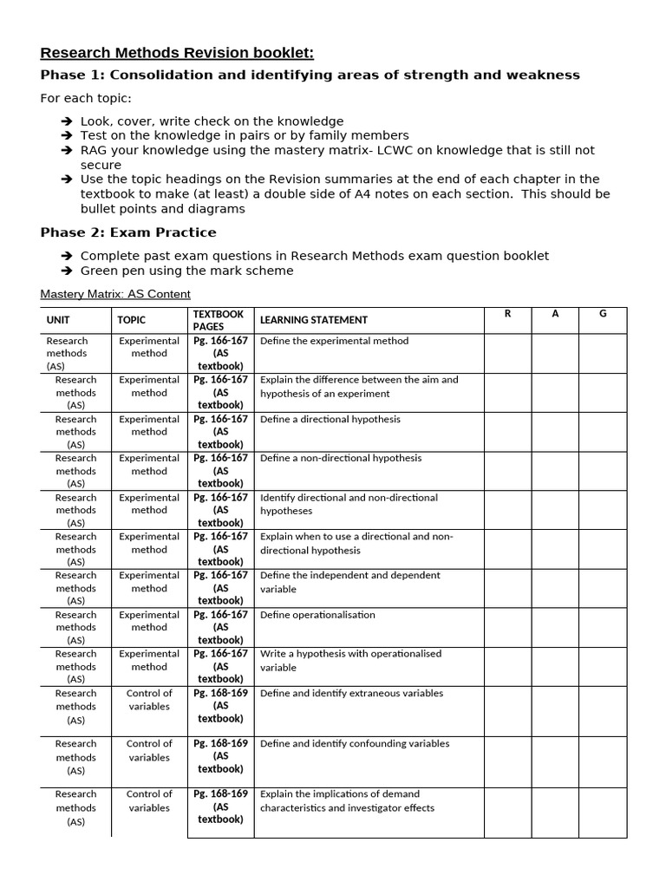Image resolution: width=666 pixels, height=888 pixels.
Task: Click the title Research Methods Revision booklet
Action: [x=177, y=53]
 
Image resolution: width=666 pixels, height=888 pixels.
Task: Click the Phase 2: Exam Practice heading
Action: [x=128, y=232]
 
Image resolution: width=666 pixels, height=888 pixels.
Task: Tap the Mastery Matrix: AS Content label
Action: [x=115, y=294]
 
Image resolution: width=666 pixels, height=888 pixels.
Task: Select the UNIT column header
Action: [x=58, y=320]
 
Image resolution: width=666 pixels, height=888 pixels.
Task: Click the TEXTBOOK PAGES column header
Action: [x=219, y=320]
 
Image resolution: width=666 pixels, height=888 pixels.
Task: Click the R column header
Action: [x=507, y=314]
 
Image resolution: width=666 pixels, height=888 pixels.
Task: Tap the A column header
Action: [x=555, y=314]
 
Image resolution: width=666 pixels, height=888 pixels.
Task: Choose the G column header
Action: [x=603, y=314]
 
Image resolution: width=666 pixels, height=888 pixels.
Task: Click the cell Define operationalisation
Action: [x=317, y=615]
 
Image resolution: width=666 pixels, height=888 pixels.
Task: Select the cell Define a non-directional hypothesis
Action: [x=341, y=458]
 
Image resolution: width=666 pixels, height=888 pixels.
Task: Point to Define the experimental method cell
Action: [x=334, y=341]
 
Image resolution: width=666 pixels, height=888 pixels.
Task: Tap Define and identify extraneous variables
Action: [x=351, y=693]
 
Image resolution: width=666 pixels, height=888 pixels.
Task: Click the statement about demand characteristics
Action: [x=347, y=800]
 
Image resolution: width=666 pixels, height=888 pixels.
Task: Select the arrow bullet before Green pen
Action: [x=67, y=271]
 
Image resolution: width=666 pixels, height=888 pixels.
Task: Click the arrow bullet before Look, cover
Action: [x=67, y=121]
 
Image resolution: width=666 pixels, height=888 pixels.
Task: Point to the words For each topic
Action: [x=86, y=98]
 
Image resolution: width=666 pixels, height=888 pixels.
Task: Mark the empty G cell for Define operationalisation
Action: [x=603, y=627]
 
